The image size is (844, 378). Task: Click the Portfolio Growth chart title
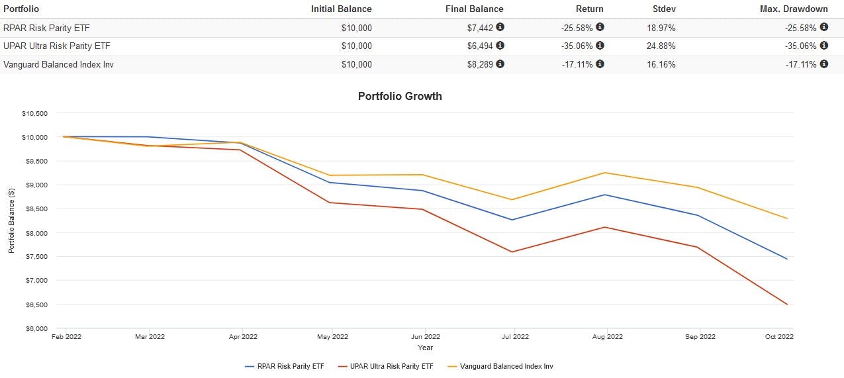pos(400,96)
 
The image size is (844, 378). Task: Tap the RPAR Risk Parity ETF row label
pos(55,27)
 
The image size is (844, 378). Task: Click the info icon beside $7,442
pos(500,27)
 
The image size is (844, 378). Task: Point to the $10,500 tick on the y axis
pos(34,113)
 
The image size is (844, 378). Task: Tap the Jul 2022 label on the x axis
pos(515,336)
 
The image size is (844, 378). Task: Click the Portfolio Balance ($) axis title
pos(11,220)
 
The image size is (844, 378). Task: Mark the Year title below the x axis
pos(425,347)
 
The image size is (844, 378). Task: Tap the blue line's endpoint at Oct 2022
pos(787,259)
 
